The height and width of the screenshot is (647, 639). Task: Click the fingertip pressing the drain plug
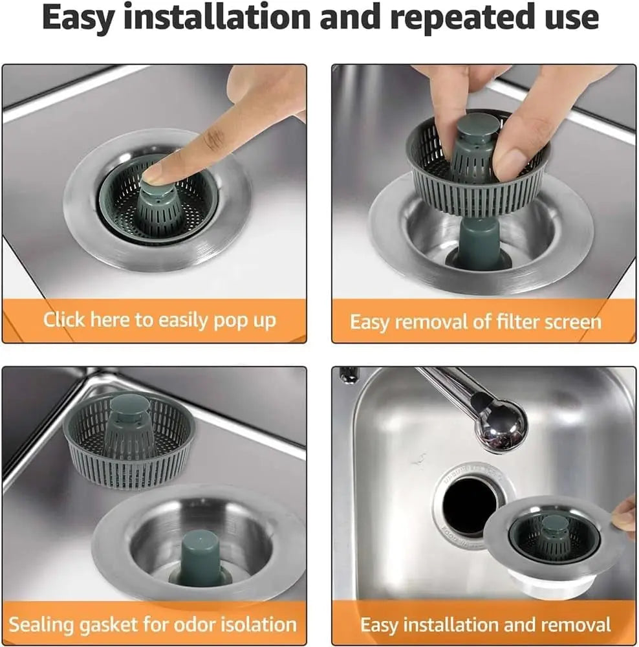point(155,171)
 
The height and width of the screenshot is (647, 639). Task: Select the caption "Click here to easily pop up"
point(159,320)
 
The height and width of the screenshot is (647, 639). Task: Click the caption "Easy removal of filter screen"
point(475,322)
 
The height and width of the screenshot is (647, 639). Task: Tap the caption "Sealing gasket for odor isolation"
point(153,624)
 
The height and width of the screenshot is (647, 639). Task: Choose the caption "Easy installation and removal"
point(485,624)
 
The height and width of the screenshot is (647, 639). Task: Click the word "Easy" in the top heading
point(78,18)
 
